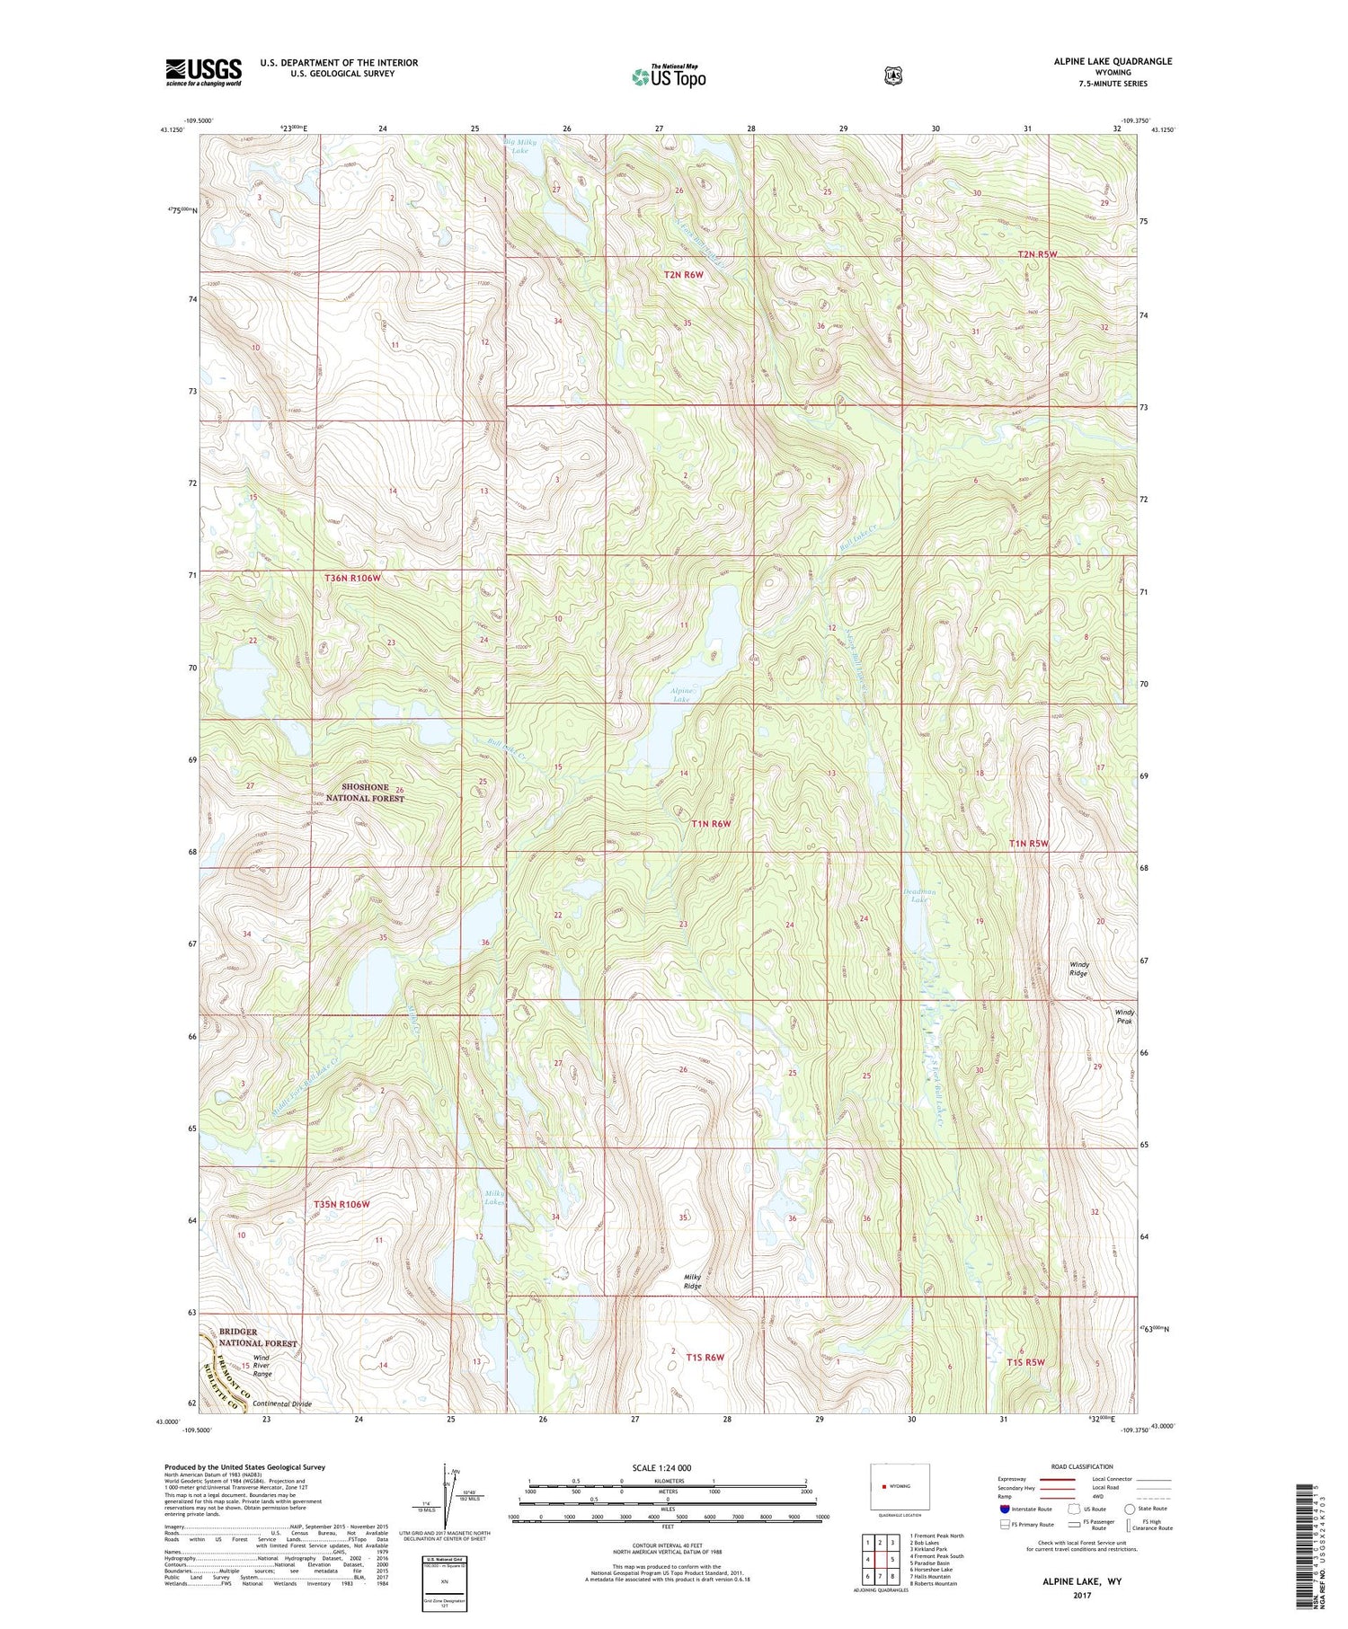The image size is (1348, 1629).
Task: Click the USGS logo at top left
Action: (204, 72)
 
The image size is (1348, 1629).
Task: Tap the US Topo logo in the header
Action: (669, 76)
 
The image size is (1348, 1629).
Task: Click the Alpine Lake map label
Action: (682, 694)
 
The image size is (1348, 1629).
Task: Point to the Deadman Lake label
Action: (919, 895)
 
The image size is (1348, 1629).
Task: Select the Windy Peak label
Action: (1124, 1016)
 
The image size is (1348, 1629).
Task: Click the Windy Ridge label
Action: (1078, 969)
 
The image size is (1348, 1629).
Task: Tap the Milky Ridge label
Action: (692, 1281)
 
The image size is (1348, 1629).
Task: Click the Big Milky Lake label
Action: (520, 146)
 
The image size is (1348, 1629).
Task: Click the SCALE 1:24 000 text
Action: (661, 1467)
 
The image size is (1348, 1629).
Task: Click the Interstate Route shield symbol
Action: (1004, 1509)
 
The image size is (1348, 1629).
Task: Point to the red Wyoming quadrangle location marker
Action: (884, 1485)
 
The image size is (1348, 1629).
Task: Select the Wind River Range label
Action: (262, 1366)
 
